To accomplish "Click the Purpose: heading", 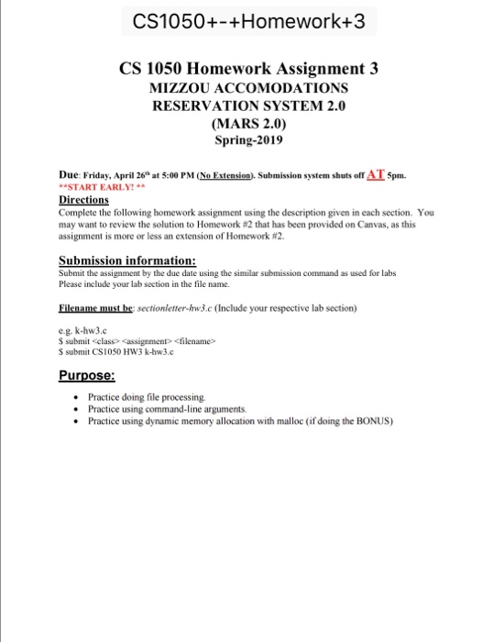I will click(87, 376).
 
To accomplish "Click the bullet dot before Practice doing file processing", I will click(75, 397).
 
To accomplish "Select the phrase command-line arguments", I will click(190, 409).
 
